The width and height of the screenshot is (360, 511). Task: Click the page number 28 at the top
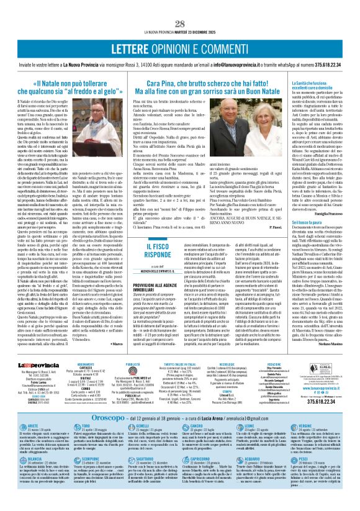click(180, 6)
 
